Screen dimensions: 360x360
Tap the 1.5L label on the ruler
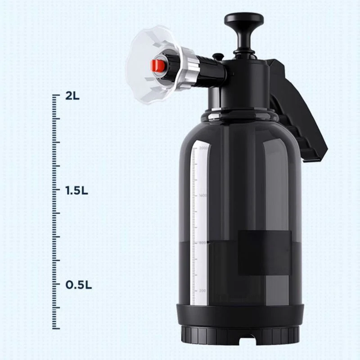coord(76,190)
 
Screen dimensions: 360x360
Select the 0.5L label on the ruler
coord(79,285)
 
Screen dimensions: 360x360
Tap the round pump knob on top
coord(244,20)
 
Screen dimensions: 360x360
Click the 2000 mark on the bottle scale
coord(203,148)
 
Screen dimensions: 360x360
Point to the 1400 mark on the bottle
coord(203,196)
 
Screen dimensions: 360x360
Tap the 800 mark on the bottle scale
coord(203,243)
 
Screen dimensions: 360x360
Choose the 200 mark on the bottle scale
coord(203,291)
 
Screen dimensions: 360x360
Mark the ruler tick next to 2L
coord(56,95)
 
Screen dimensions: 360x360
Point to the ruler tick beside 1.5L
coord(56,190)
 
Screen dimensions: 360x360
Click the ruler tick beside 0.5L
coord(56,284)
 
